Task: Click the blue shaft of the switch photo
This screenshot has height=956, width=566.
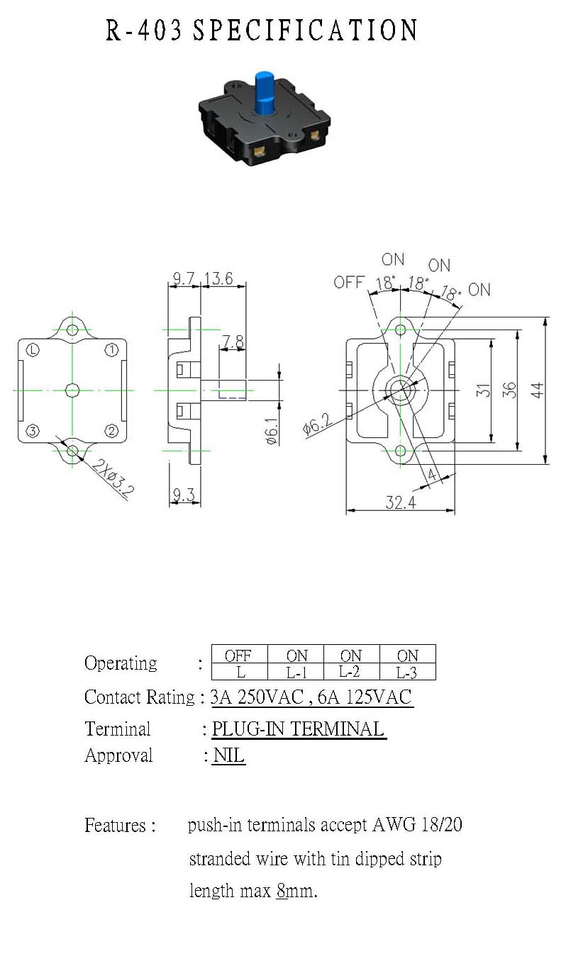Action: (265, 93)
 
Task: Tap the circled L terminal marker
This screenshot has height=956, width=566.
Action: (33, 350)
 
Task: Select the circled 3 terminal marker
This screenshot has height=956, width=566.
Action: (33, 431)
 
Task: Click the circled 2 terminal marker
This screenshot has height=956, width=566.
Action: (111, 431)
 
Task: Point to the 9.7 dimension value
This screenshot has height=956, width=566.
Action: (184, 279)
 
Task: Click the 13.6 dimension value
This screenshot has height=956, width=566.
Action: (218, 279)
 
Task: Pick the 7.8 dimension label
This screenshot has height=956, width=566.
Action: (233, 342)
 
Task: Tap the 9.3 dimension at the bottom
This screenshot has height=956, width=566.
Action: (184, 495)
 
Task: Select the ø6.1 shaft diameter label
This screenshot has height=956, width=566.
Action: (272, 432)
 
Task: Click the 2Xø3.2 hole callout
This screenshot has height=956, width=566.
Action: (113, 478)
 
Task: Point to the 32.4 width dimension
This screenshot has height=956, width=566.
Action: (401, 502)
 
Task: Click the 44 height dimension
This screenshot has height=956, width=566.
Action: (538, 390)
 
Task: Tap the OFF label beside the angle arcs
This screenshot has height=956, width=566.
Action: (349, 282)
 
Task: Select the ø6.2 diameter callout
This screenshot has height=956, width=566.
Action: (317, 424)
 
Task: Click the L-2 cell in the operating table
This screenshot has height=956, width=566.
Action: (350, 672)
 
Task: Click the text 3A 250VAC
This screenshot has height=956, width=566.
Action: (257, 697)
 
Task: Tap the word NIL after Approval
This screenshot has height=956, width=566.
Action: (228, 755)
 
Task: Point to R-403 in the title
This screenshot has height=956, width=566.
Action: (144, 30)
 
